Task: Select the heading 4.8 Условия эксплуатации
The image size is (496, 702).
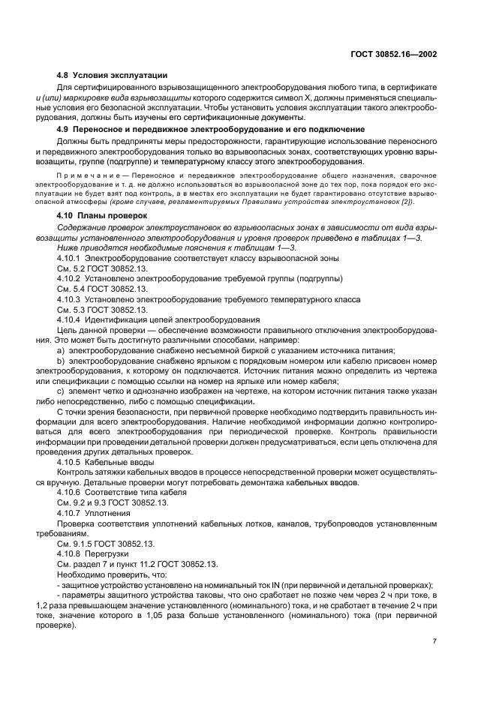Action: point(113,76)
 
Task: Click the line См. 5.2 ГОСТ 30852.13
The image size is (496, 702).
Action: point(103,268)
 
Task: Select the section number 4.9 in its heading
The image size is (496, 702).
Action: point(65,130)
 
